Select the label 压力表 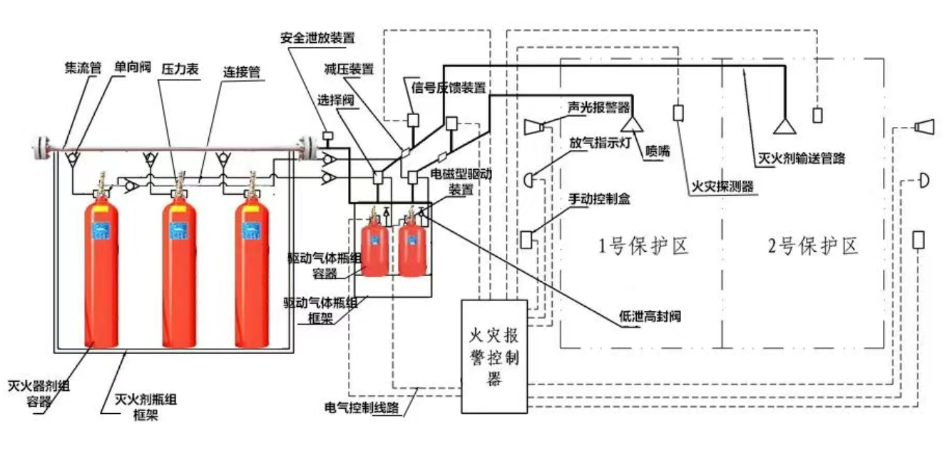coord(178,69)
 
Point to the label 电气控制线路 coord(361,407)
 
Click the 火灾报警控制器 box coord(494,356)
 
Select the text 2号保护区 coord(812,245)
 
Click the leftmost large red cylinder coord(102,275)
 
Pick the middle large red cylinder coord(178,275)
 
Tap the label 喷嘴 coord(658,150)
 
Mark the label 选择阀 coord(338,100)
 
